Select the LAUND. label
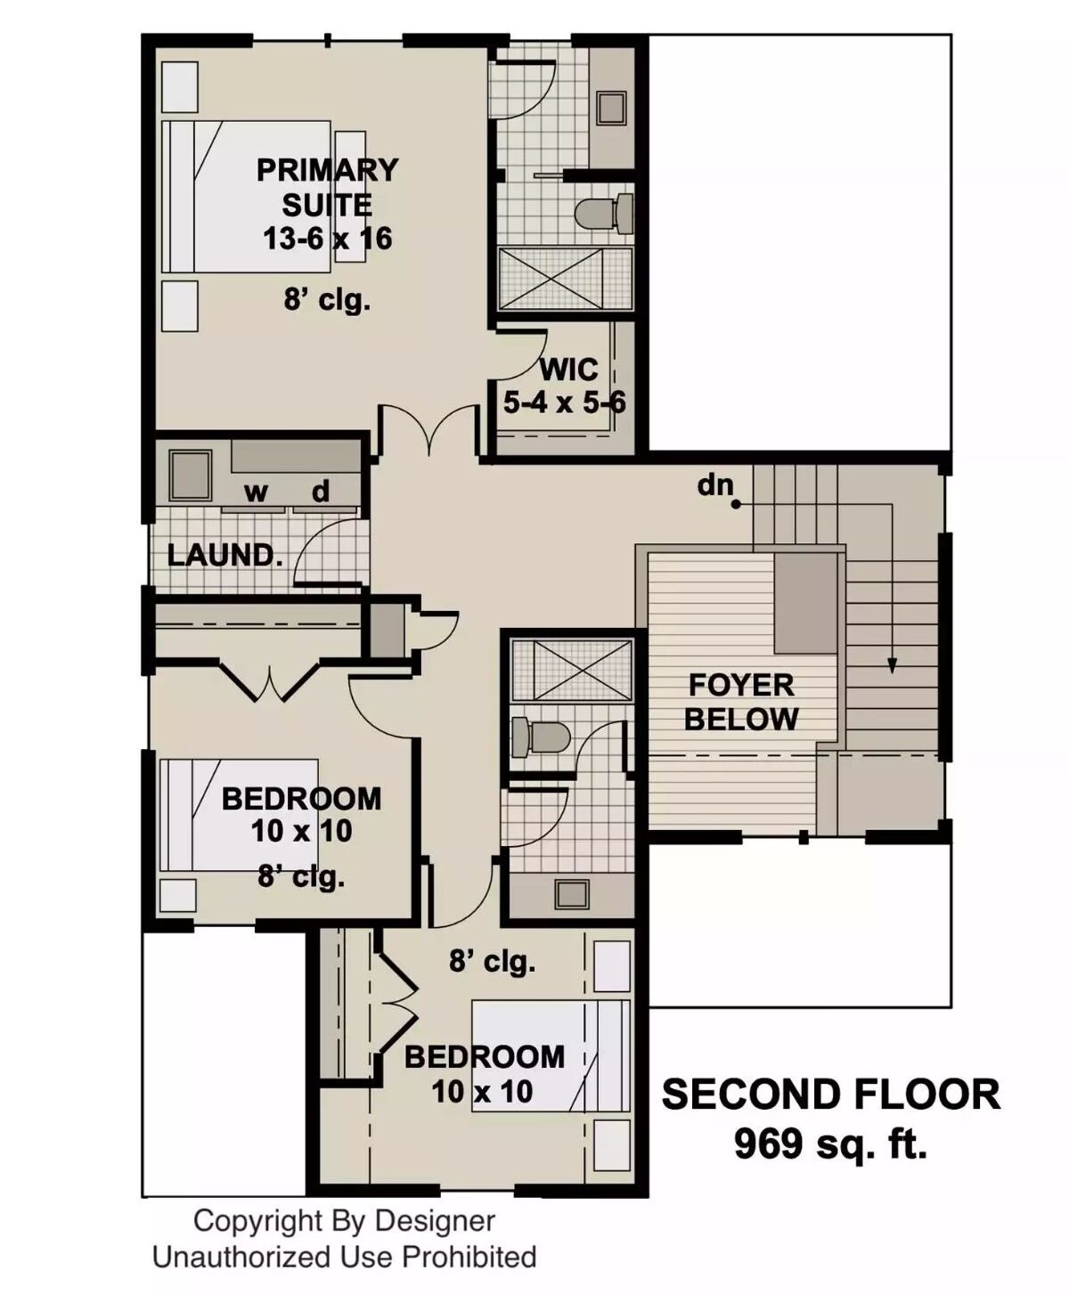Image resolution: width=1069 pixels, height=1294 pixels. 225,556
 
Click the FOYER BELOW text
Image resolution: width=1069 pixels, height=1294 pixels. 741,702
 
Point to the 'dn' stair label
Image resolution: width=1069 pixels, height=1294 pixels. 715,486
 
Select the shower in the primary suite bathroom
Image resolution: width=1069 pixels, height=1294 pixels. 565,279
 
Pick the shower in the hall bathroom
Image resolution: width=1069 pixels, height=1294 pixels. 569,669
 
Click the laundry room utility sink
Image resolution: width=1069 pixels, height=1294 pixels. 191,475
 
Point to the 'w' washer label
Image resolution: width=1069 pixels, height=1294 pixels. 256,492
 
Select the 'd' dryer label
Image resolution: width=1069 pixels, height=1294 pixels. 321,491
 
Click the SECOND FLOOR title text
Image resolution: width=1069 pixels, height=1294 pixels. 830,1095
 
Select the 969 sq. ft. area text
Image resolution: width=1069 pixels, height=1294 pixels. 830,1143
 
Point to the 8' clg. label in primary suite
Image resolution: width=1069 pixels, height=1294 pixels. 327,300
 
